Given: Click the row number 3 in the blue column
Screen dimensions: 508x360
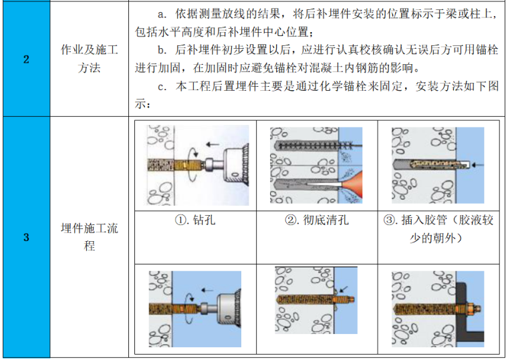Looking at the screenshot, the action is click(x=26, y=238).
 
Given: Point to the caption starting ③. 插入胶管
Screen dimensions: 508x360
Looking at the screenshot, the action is click(x=438, y=229).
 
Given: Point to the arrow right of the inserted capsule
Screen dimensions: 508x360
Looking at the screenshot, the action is click(x=477, y=163).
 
